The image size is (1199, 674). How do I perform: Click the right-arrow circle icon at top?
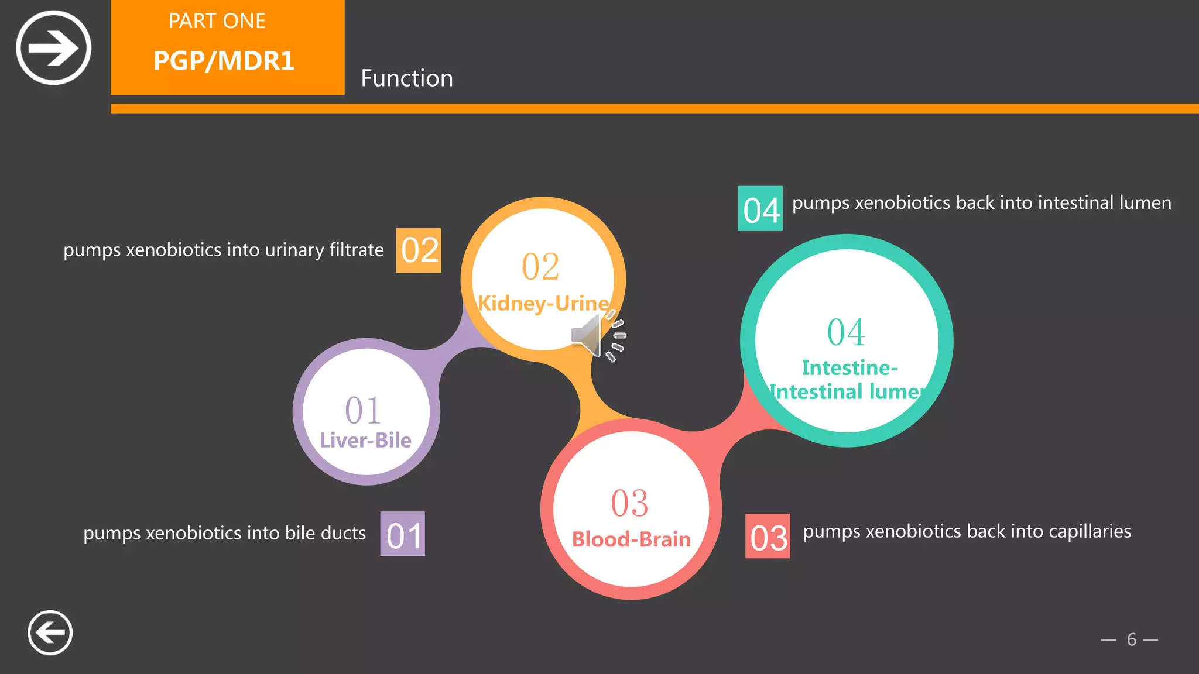tap(53, 47)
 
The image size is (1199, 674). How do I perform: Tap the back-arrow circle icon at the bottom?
tap(50, 632)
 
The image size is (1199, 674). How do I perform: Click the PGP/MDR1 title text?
tap(224, 61)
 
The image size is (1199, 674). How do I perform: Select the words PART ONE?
tap(217, 21)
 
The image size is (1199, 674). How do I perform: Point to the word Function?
tap(407, 78)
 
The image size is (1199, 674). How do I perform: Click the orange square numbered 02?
tap(419, 250)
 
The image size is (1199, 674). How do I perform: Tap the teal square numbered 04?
tap(760, 209)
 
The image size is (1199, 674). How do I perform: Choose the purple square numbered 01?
tap(403, 534)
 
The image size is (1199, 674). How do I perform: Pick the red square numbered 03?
tap(768, 537)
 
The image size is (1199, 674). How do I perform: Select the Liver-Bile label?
tap(365, 440)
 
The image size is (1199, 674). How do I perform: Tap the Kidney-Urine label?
tap(543, 303)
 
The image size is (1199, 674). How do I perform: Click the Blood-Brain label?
tap(631, 539)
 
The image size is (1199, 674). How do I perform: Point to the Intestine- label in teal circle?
tap(849, 368)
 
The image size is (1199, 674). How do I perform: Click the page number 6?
tap(1132, 639)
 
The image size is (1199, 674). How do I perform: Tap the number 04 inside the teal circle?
tap(846, 332)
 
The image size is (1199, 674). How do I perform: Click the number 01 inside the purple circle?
tap(363, 410)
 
